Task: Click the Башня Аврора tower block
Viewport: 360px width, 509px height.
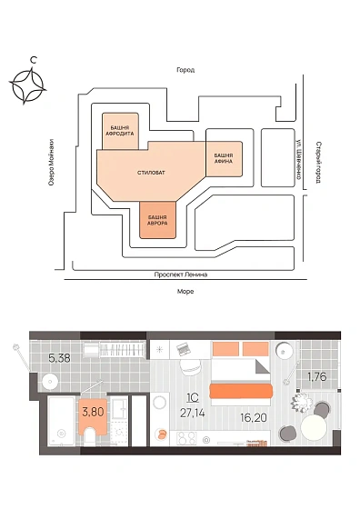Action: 158,220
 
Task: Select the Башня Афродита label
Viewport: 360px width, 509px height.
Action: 120,131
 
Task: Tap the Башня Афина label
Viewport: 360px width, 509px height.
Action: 224,158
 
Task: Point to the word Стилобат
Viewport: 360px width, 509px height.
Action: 151,173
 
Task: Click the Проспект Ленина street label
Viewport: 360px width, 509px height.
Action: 181,274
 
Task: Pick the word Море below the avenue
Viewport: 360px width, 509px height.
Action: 185,292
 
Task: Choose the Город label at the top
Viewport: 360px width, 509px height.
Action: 185,70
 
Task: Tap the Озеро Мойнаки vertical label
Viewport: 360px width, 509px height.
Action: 51,163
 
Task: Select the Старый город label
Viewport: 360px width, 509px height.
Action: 318,162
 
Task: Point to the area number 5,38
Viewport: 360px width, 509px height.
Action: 59,358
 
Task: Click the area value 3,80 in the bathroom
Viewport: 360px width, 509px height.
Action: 93,412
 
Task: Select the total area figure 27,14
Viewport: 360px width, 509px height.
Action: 193,413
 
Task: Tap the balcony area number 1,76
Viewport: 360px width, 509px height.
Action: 317,377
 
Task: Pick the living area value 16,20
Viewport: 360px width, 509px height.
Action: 254,417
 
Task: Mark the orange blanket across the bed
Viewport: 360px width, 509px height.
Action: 241,391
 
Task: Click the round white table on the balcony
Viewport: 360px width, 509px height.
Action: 314,427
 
